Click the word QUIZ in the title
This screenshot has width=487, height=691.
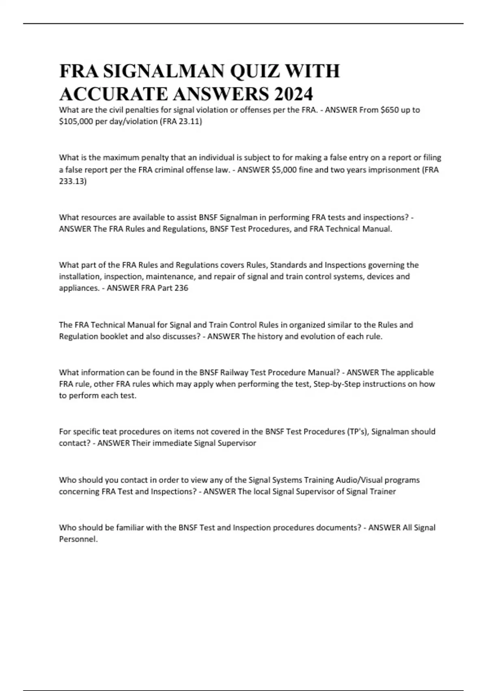click(x=254, y=72)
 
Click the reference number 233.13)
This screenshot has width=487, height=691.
click(x=73, y=181)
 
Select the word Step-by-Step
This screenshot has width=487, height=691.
click(x=337, y=384)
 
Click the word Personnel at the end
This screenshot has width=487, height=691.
click(x=78, y=539)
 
